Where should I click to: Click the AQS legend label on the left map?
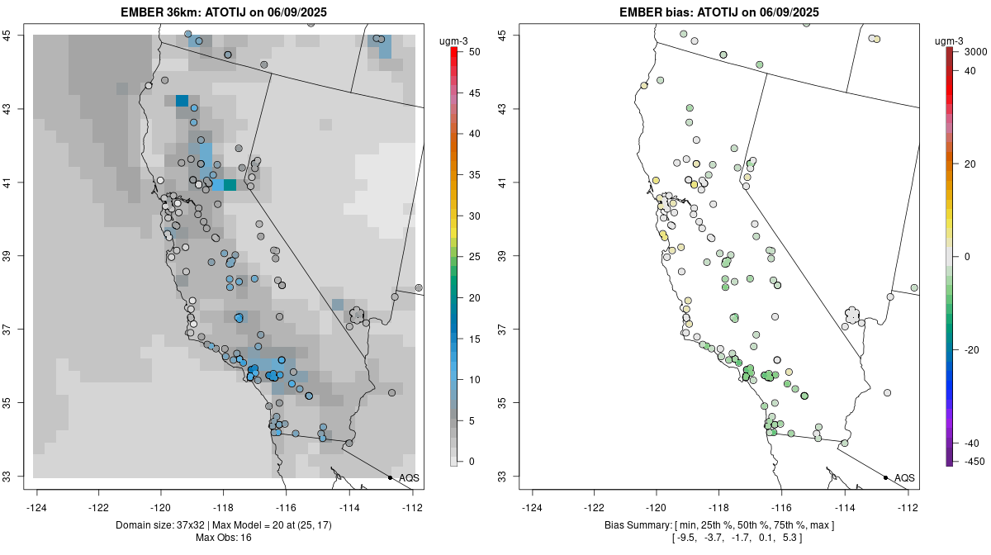(409, 477)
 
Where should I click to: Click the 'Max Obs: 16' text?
(223, 538)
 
